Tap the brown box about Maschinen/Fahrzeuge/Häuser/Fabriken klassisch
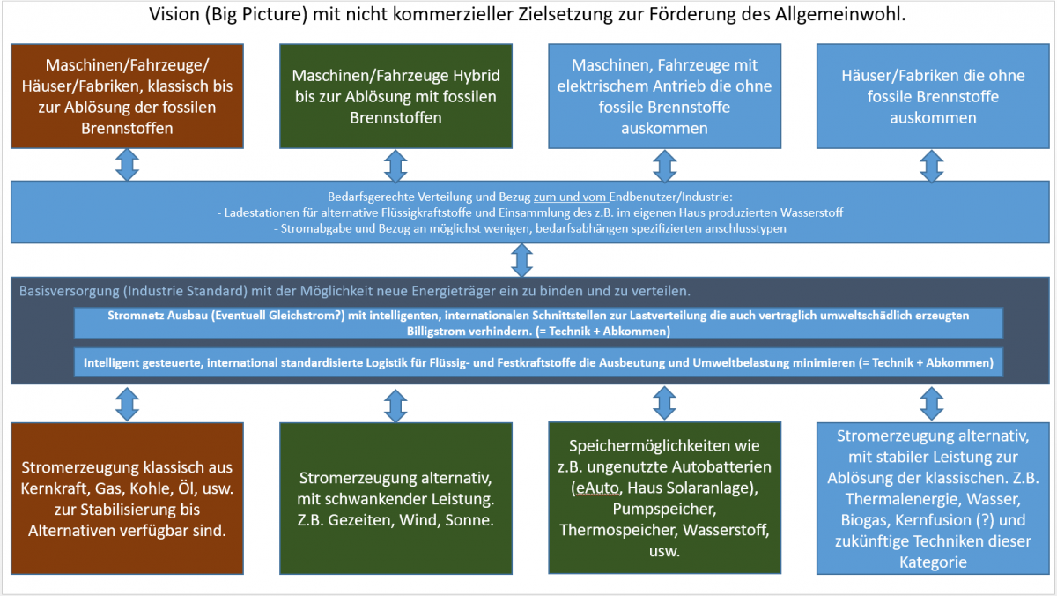point(128,96)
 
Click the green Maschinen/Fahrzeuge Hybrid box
point(395,96)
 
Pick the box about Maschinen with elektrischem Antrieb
point(664,96)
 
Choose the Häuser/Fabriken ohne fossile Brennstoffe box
point(932,96)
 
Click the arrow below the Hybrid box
point(395,165)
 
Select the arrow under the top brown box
point(128,165)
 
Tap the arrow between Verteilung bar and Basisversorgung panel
point(523,260)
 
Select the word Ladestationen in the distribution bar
point(261,212)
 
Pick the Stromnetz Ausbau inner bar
point(538,322)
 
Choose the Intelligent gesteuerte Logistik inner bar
point(538,362)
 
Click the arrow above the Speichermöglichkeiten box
point(664,403)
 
